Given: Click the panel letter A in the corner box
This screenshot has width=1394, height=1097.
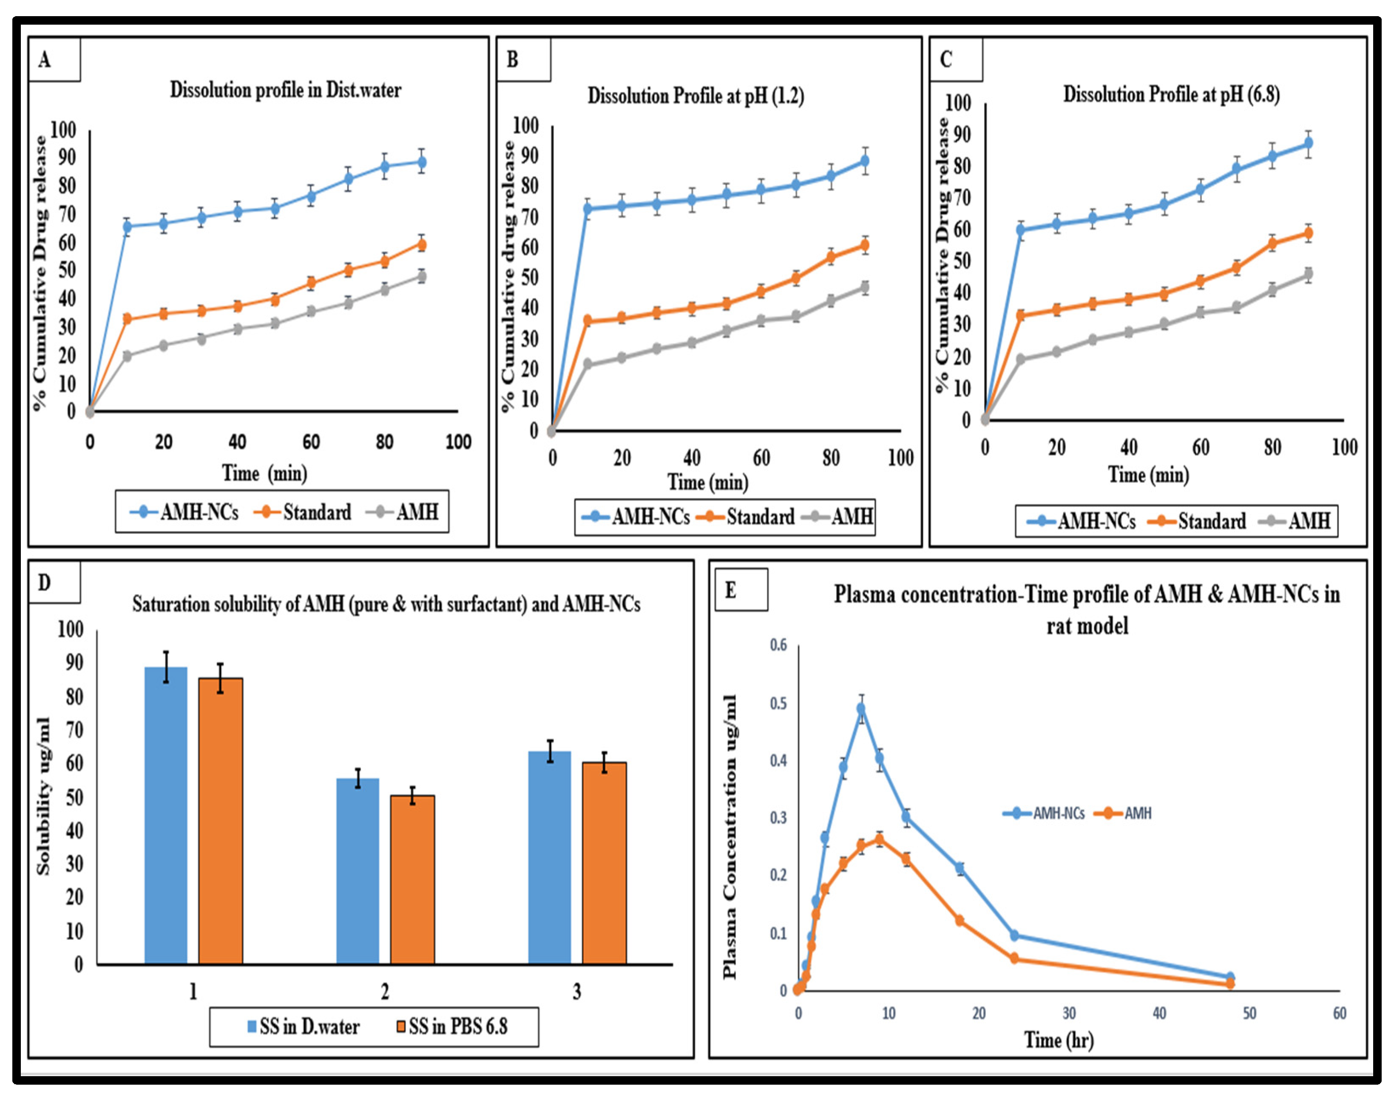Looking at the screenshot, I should (44, 60).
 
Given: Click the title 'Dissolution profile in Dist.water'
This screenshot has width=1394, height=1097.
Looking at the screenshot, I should (285, 90).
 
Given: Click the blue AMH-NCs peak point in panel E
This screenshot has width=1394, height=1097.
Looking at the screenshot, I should (861, 709).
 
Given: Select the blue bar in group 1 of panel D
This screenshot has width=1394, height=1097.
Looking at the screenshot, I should (166, 815).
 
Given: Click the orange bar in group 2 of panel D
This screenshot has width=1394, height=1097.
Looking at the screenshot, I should (412, 879).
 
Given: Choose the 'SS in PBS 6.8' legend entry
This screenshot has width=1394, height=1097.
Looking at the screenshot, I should (451, 1026).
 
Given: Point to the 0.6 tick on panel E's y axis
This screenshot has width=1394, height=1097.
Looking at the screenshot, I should (778, 645).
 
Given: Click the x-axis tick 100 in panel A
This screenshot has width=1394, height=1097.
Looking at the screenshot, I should (458, 442).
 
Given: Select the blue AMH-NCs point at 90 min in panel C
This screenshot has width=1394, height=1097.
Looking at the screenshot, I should (1308, 143).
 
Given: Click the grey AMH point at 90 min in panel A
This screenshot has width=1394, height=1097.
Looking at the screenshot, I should (421, 277).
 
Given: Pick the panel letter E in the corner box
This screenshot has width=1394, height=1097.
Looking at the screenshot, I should (730, 590).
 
